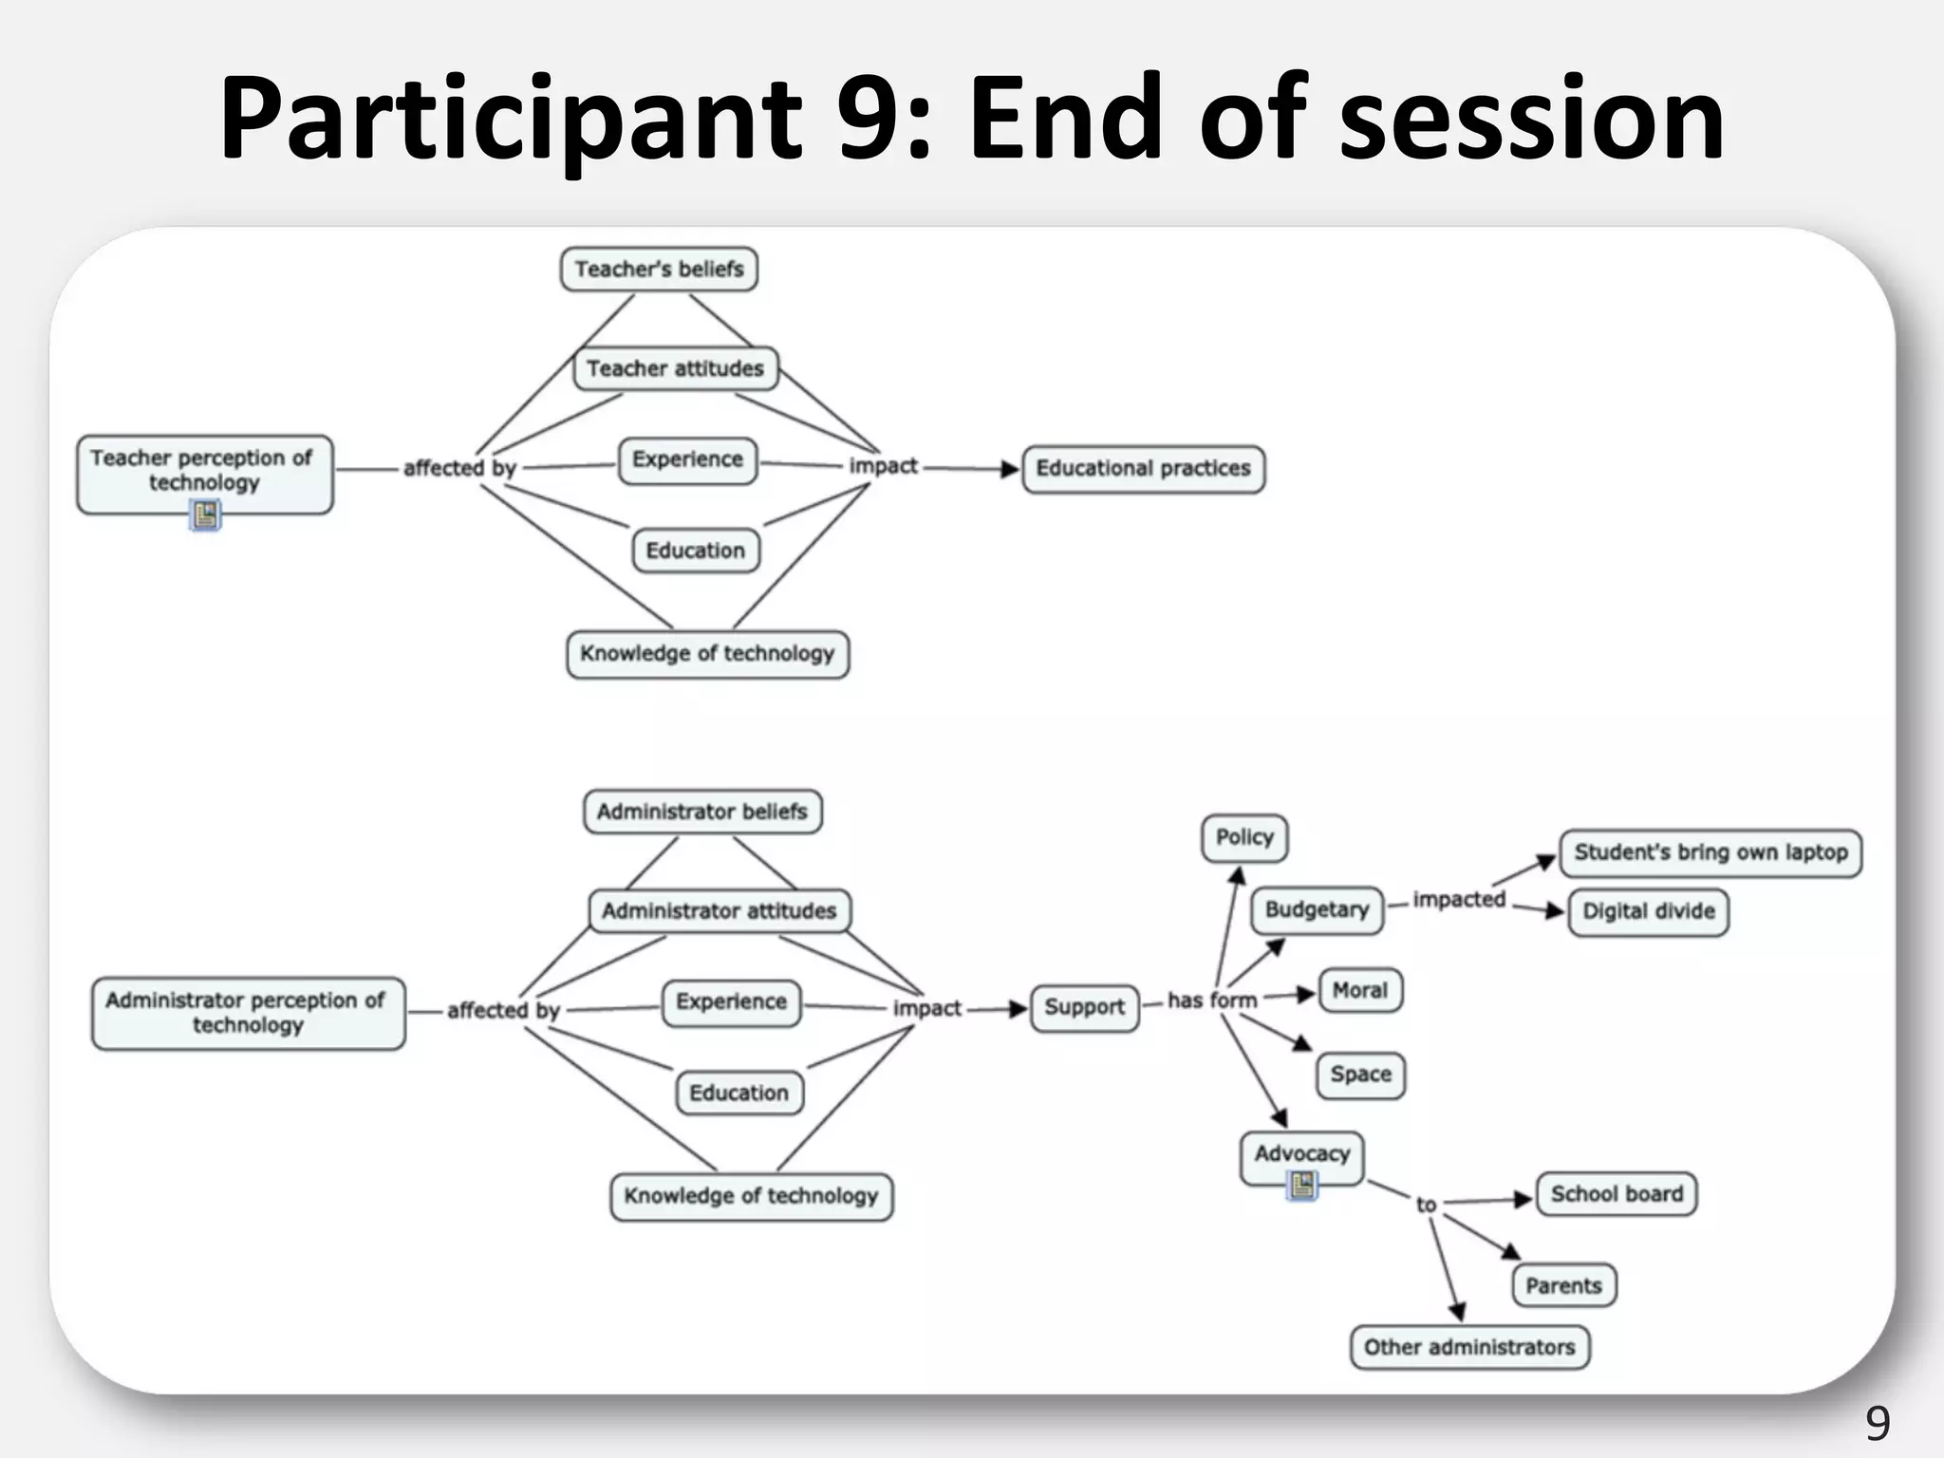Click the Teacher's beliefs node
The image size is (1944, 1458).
click(x=659, y=269)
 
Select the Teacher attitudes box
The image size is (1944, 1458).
click(x=675, y=368)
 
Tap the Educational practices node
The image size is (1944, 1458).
click(x=1143, y=468)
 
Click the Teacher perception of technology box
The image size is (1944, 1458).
click(x=204, y=471)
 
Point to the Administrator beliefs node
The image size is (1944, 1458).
click(x=702, y=812)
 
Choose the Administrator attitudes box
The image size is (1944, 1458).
click(x=719, y=911)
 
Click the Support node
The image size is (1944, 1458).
click(x=1084, y=1007)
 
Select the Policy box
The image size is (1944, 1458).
click(x=1243, y=837)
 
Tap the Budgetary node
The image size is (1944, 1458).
click(x=1317, y=909)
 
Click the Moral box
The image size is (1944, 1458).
click(x=1359, y=991)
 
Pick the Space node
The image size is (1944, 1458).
click(x=1360, y=1075)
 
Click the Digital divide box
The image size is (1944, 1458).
click(x=1648, y=911)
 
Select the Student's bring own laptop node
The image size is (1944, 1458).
click(x=1710, y=852)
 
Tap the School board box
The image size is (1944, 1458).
click(x=1617, y=1194)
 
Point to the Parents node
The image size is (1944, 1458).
click(x=1563, y=1286)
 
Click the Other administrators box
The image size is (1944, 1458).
click(x=1469, y=1347)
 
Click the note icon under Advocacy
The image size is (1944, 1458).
click(x=1302, y=1185)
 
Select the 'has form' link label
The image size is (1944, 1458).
click(x=1212, y=1000)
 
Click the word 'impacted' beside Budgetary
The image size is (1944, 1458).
click(x=1459, y=899)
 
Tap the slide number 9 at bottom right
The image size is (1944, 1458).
click(x=1877, y=1423)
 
